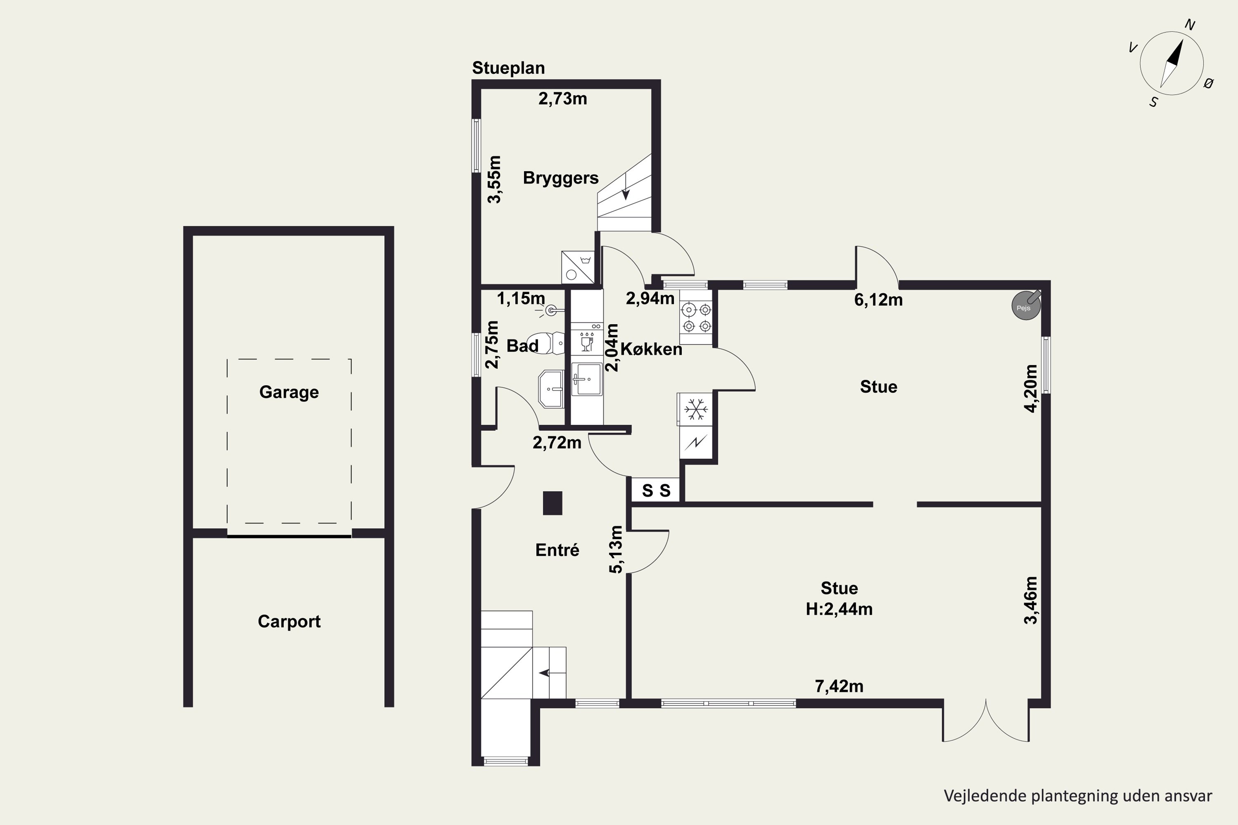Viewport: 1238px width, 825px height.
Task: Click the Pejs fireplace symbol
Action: (x=1025, y=305)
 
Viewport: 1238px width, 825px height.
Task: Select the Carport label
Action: (x=289, y=621)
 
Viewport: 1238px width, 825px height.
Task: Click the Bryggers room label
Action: (x=560, y=178)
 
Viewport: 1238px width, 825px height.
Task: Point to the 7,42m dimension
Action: (x=839, y=686)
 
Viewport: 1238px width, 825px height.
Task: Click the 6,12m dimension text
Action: (x=879, y=300)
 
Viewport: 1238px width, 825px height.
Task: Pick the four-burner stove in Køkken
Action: (x=696, y=317)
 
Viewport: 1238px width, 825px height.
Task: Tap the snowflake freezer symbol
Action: (x=695, y=409)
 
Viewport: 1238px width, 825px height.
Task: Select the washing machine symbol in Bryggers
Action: (x=579, y=267)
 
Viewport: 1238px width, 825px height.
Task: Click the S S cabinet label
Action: (x=656, y=491)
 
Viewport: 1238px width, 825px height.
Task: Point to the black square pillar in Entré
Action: (x=553, y=503)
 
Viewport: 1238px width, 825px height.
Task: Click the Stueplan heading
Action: (x=508, y=68)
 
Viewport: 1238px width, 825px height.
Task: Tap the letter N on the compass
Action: (x=1190, y=25)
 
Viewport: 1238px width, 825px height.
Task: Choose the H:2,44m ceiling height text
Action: (x=839, y=609)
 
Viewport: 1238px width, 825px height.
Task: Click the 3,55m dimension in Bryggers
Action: (x=494, y=179)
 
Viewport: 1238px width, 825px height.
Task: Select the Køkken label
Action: (x=651, y=349)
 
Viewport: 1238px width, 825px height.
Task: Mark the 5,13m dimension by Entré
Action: (x=615, y=549)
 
